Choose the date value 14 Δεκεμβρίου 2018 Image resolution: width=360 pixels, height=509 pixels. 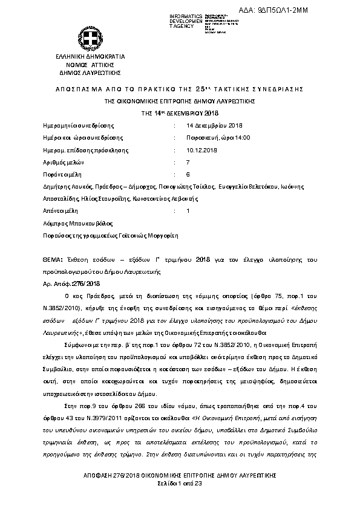[x=215, y=125]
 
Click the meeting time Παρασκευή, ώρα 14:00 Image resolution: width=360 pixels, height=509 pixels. [x=218, y=137]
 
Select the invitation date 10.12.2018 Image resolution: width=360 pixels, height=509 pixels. [x=200, y=150]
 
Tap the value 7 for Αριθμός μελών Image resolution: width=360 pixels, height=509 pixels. [x=188, y=162]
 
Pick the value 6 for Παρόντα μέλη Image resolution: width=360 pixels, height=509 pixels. [x=188, y=174]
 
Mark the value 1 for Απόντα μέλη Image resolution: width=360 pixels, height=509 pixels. [x=188, y=210]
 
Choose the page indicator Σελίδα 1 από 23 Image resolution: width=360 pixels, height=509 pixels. [x=180, y=485]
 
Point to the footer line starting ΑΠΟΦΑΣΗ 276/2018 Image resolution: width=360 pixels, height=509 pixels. [x=180, y=478]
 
